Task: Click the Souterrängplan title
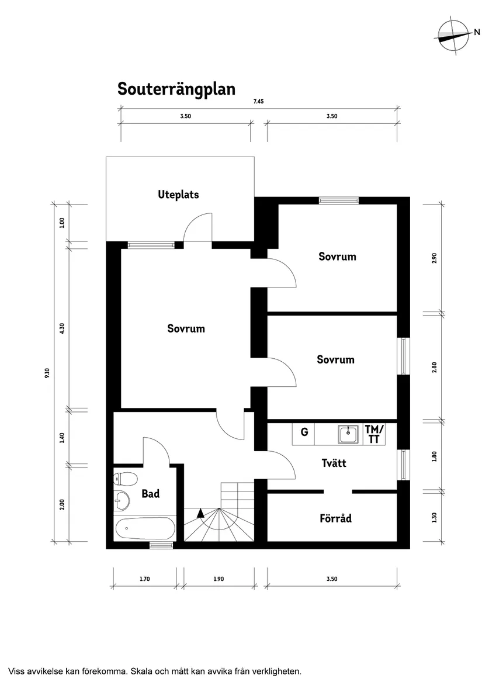[176, 89]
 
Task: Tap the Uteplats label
[178, 194]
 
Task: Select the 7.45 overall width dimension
[258, 102]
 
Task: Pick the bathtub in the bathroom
[145, 529]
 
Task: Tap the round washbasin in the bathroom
[122, 499]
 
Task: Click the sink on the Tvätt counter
[349, 434]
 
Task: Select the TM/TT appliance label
[374, 434]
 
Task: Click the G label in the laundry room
[304, 432]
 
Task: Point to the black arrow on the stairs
[200, 513]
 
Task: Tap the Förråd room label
[335, 518]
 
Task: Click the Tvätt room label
[334, 463]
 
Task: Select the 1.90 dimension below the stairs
[218, 579]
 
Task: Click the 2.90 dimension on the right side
[434, 258]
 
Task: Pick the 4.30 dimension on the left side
[62, 328]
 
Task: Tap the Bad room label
[150, 494]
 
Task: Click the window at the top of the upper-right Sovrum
[338, 200]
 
